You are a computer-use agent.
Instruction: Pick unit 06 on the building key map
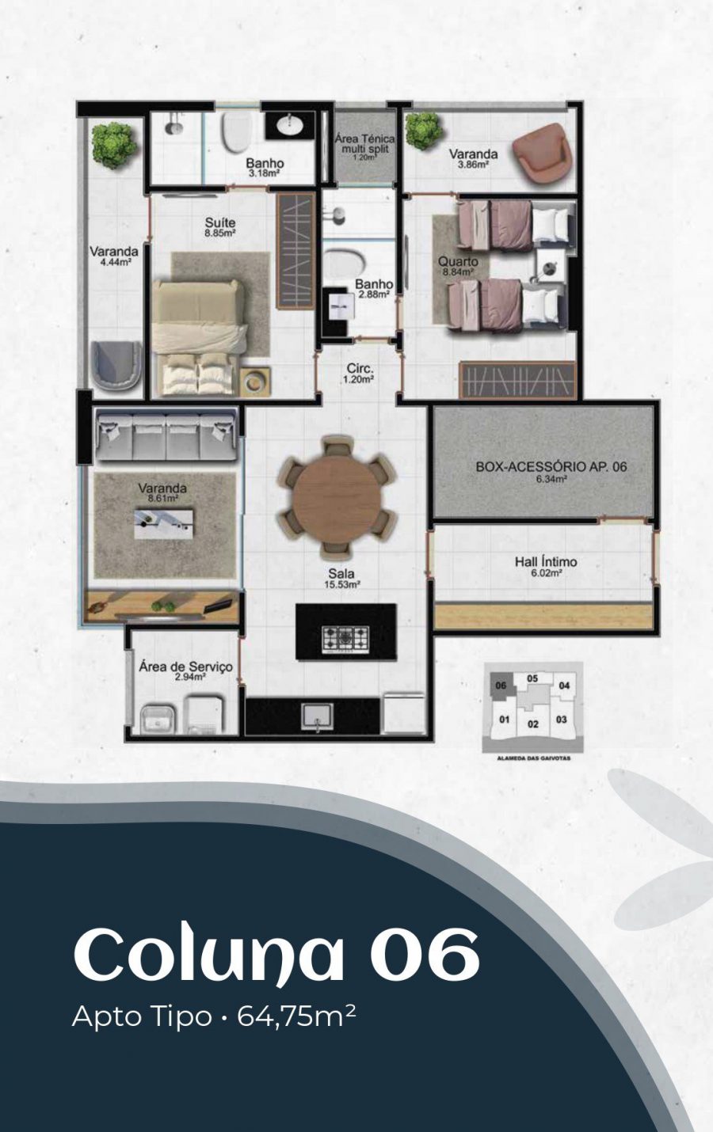[501, 686]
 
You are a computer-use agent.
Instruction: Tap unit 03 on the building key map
[562, 720]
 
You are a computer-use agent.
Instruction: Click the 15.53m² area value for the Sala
[341, 585]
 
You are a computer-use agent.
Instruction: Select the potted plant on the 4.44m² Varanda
[114, 146]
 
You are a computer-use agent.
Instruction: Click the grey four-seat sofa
[166, 435]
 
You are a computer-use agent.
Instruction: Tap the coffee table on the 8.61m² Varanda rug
[164, 524]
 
